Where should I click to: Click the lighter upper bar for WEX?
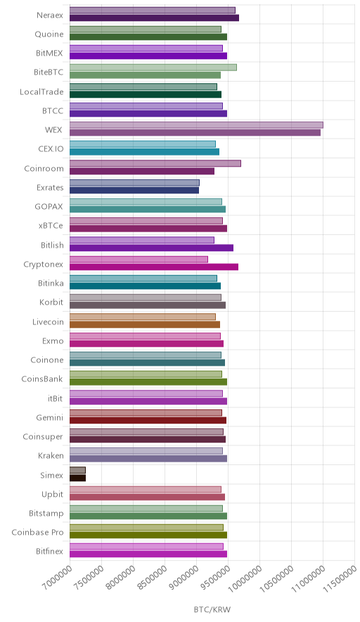tap(196, 125)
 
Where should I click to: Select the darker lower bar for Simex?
tap(78, 478)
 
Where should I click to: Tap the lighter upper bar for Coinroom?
tap(155, 163)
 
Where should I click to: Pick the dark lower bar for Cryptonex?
tap(154, 267)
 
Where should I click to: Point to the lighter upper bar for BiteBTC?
tap(153, 68)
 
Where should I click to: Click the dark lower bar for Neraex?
tap(154, 18)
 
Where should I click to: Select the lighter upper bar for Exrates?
tap(134, 182)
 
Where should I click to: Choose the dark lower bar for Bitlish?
tap(151, 248)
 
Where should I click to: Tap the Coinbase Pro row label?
tap(38, 533)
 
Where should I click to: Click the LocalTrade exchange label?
tap(41, 92)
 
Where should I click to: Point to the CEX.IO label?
tap(51, 149)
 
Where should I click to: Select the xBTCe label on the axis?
tap(51, 226)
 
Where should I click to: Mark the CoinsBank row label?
tap(42, 379)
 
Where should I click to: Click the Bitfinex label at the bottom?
tap(49, 552)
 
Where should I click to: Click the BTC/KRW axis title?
tap(212, 610)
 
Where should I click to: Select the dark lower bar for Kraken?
tap(148, 459)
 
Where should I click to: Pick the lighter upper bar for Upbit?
tap(146, 490)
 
